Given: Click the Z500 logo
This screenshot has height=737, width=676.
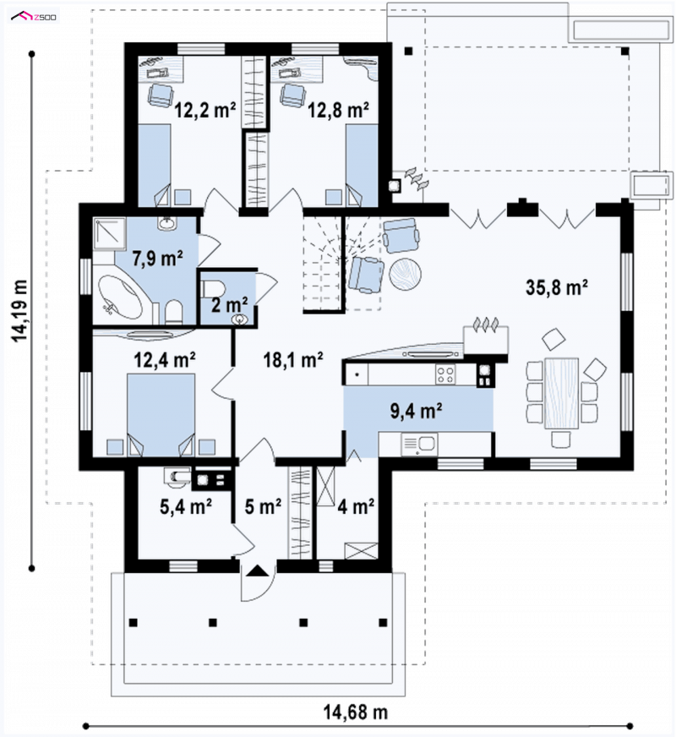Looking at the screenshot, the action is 34,18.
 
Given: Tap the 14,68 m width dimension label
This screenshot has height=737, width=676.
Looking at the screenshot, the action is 355,712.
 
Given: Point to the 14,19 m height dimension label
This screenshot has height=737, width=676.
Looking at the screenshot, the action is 19,311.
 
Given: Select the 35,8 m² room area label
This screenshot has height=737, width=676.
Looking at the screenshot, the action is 557,287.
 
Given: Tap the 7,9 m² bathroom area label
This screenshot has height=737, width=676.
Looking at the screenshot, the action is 157,258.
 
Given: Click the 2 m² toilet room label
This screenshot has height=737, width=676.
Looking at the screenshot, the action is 229,304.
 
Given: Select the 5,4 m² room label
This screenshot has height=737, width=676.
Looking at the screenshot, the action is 186,506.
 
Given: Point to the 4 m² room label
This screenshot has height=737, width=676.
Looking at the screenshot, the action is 356,506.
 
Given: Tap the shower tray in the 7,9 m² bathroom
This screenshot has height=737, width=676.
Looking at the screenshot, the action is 110,233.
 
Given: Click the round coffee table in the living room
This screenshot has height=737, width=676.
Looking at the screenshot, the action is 405,274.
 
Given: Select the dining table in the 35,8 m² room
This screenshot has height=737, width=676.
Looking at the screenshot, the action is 561,393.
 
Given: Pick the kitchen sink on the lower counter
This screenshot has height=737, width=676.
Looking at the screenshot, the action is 419,445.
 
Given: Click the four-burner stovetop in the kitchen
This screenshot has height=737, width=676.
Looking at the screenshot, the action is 445,374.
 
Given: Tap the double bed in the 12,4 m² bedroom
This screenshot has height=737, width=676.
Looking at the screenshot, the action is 161,414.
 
